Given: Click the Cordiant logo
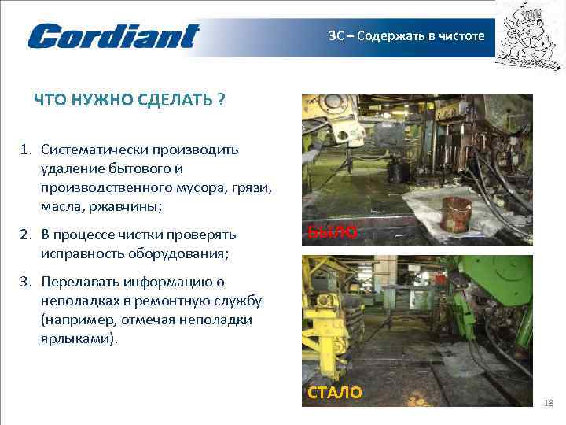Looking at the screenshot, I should (x=113, y=36).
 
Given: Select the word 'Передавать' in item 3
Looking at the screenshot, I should (x=79, y=282).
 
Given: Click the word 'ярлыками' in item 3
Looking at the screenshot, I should (x=75, y=338).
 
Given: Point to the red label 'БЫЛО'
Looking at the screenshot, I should (x=332, y=232).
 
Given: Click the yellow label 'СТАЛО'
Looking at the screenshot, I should (x=335, y=393).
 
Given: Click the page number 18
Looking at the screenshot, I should (x=549, y=404).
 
